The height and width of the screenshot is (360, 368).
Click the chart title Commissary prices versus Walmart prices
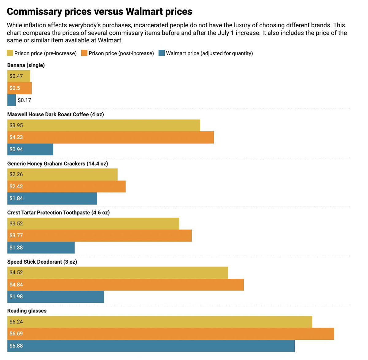tap(99, 12)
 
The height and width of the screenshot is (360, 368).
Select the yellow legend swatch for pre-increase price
tap(10, 53)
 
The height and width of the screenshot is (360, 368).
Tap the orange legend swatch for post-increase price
tap(84, 53)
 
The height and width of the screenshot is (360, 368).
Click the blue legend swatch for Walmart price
tap(162, 53)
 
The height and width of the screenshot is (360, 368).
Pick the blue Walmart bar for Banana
tap(11, 100)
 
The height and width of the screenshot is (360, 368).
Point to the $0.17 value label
tap(25, 100)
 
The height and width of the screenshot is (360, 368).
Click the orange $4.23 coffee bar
tap(110, 137)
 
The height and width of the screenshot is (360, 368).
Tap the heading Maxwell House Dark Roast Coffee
tap(56, 114)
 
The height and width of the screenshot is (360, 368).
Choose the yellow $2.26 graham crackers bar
tap(62, 174)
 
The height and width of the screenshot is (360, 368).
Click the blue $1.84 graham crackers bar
tap(52, 199)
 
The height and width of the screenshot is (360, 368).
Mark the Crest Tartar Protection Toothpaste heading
tap(58, 213)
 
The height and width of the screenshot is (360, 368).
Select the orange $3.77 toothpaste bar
tap(99, 235)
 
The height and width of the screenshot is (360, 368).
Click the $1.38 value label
tap(16, 248)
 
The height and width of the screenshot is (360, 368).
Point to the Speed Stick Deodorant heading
tap(42, 262)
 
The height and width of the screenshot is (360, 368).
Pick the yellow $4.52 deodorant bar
tap(117, 273)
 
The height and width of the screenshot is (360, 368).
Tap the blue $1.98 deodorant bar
tap(56, 296)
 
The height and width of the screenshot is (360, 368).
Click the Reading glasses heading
tap(27, 311)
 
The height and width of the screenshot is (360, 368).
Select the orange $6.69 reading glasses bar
tap(171, 334)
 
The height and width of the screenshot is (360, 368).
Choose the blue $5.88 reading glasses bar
tap(151, 346)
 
